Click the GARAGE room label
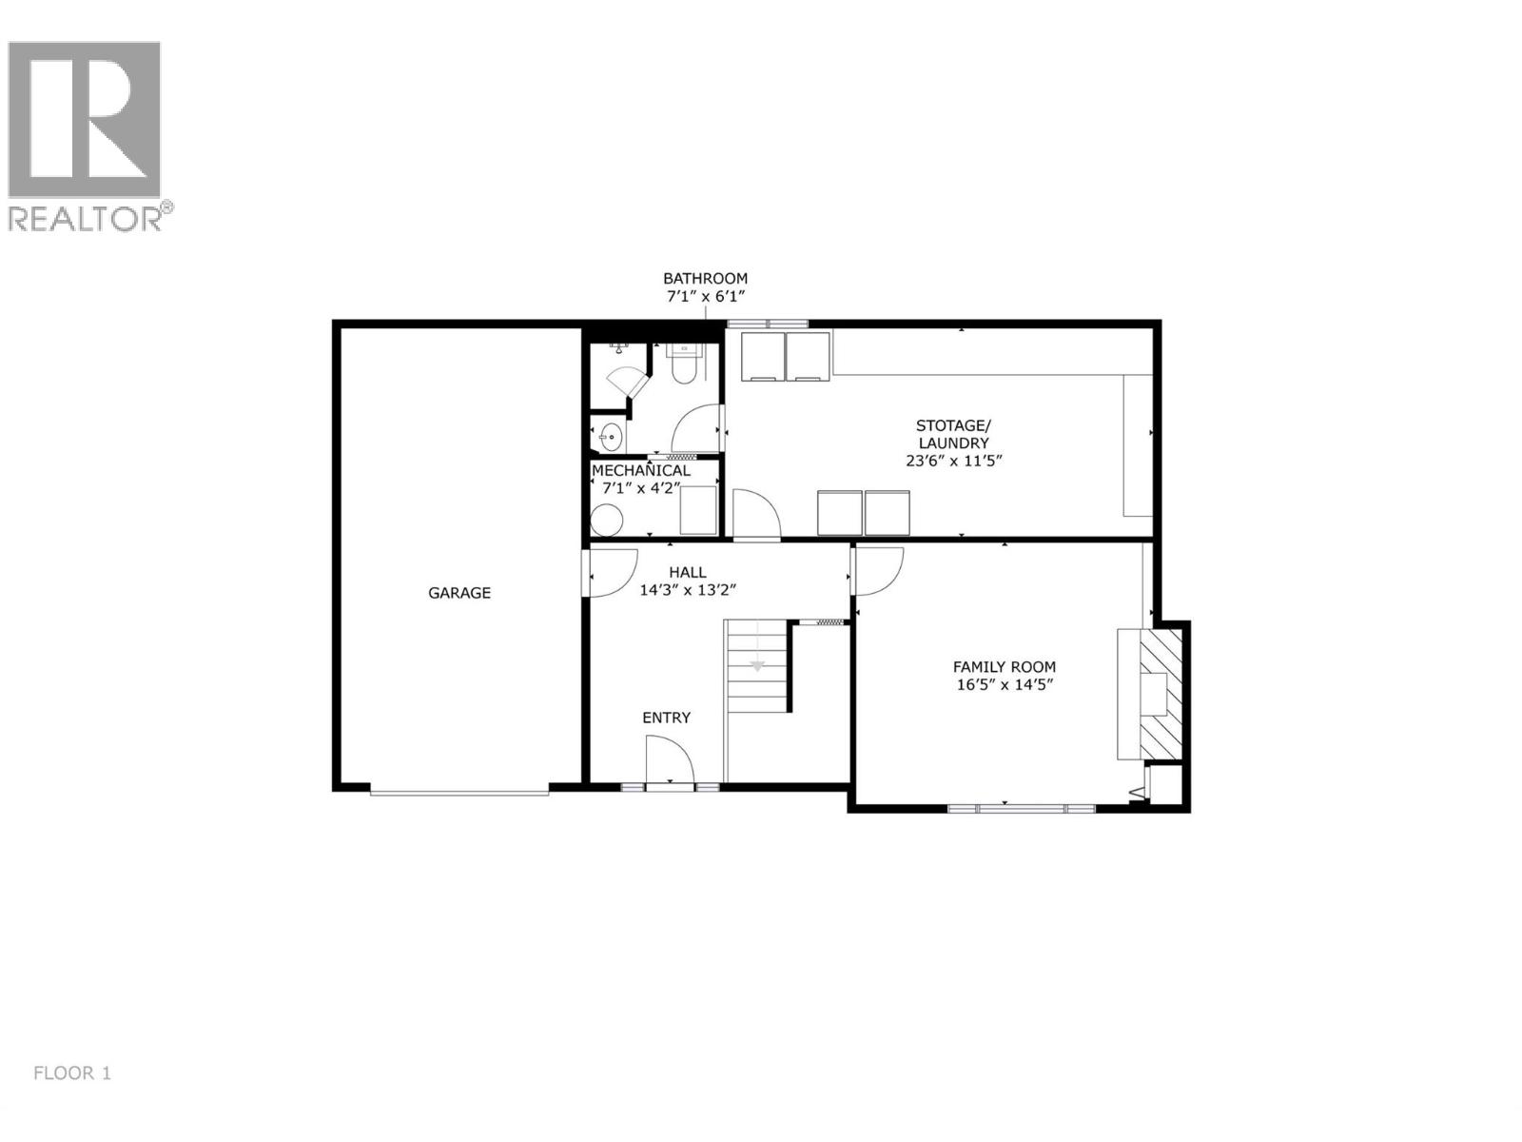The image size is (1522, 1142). [x=459, y=593]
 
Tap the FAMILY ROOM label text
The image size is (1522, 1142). [x=1005, y=667]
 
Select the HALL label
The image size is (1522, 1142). [x=687, y=572]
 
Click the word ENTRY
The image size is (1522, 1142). [x=666, y=718]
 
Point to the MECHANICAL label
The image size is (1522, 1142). [x=641, y=470]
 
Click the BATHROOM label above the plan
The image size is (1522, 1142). [x=705, y=278]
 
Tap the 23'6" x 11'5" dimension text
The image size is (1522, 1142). [x=953, y=461]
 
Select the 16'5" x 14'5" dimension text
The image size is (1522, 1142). [x=1005, y=684]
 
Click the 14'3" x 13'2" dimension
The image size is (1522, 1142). [x=688, y=590]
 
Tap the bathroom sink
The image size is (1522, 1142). [x=610, y=438]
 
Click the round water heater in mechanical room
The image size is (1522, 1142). [x=606, y=520]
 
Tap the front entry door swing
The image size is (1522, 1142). [x=670, y=761]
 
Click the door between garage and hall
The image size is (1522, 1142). [x=610, y=573]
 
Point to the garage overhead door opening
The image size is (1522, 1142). [x=459, y=790]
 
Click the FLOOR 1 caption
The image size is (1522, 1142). [x=72, y=1073]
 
